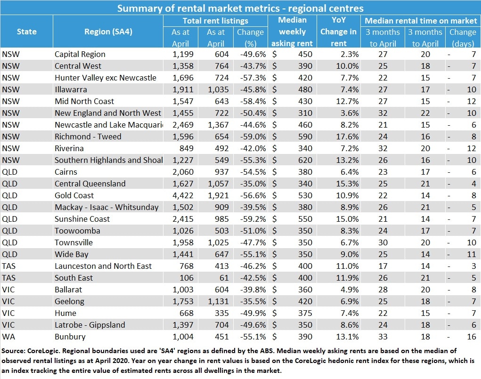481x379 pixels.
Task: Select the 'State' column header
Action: tap(27, 32)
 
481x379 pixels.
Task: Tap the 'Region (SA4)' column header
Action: tap(108, 32)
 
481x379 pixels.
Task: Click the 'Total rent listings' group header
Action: tap(215, 21)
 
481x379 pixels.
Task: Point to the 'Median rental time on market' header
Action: tap(421, 21)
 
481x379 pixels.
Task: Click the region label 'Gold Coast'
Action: tap(74, 195)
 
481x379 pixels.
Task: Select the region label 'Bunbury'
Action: tap(70, 337)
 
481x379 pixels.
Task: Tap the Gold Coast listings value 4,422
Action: tap(183, 195)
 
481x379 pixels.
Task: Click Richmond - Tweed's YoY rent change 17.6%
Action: tap(347, 137)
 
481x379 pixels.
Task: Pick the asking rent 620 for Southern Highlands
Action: tap(305, 160)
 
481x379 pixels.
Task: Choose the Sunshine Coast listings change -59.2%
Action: tap(253, 219)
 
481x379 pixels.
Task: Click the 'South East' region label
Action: tap(73, 278)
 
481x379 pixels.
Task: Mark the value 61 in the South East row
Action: tap(224, 278)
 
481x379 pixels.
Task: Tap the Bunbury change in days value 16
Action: tap(472, 337)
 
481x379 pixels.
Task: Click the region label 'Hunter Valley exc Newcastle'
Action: tap(106, 78)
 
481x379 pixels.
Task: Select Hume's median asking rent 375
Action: tap(305, 313)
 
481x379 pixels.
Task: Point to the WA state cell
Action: tap(8, 337)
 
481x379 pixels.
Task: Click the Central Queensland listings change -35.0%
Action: tap(253, 184)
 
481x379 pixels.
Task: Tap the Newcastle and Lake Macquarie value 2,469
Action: tap(183, 125)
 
